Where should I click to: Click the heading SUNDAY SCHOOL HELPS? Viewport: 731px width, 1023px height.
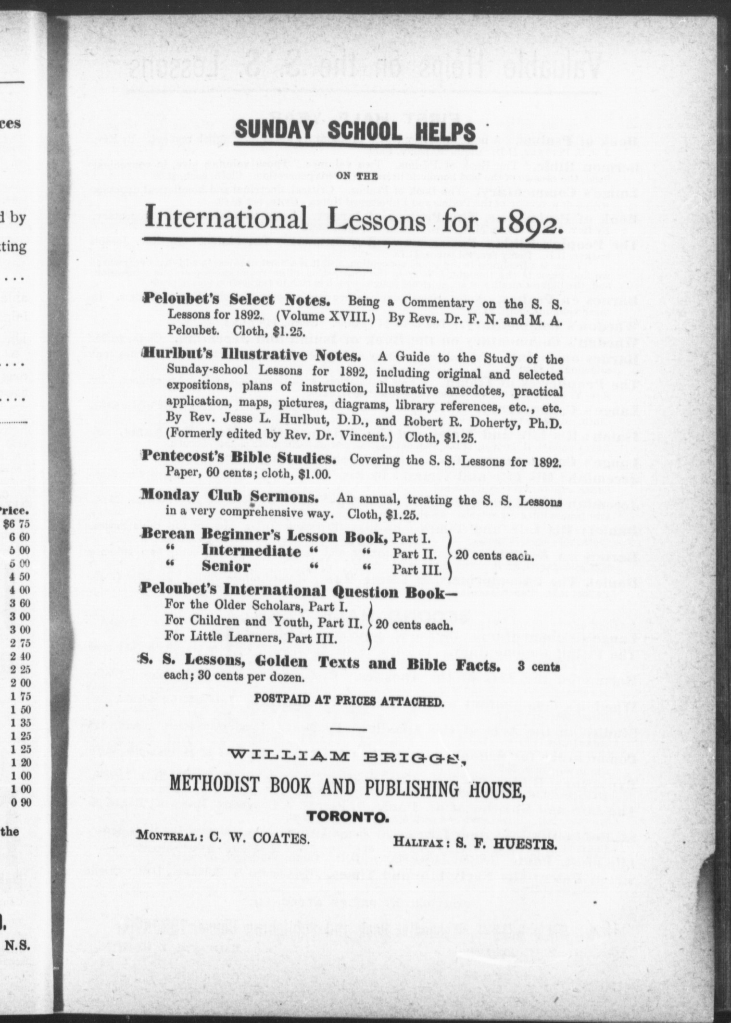click(x=355, y=131)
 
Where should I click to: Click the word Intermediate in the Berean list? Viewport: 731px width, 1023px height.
click(x=251, y=551)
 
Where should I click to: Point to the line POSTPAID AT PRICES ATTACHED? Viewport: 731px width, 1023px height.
click(x=349, y=701)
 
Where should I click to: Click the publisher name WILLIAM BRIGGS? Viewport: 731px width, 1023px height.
click(x=346, y=757)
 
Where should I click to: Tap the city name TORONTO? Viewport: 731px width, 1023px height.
click(x=348, y=816)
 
